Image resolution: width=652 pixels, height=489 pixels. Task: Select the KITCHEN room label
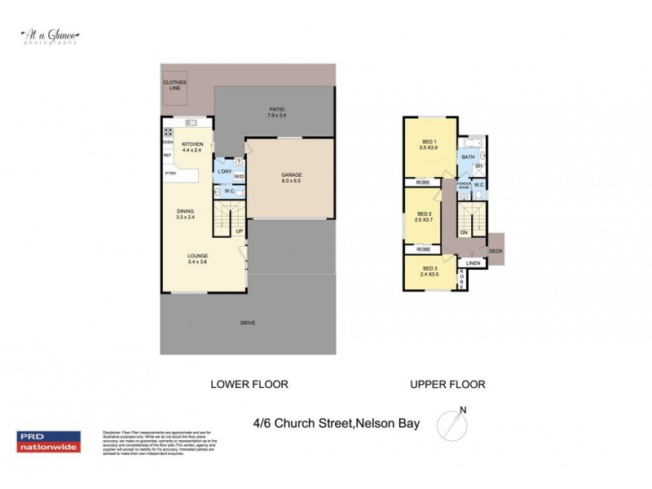point(192,147)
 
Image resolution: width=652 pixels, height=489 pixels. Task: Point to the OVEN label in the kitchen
point(167,141)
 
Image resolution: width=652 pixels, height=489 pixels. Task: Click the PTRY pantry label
point(171,174)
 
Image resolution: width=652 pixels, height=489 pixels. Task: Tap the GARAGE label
point(292,178)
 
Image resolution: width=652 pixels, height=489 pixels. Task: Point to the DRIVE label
point(248,324)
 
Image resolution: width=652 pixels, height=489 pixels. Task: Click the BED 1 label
point(428,144)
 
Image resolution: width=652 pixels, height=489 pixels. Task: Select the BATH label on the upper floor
point(468,157)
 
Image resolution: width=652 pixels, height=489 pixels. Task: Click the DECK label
point(496,251)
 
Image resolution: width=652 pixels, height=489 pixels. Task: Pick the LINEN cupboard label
point(473,264)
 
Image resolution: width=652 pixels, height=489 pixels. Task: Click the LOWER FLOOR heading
point(249,384)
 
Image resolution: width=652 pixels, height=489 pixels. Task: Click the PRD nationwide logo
point(49,441)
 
